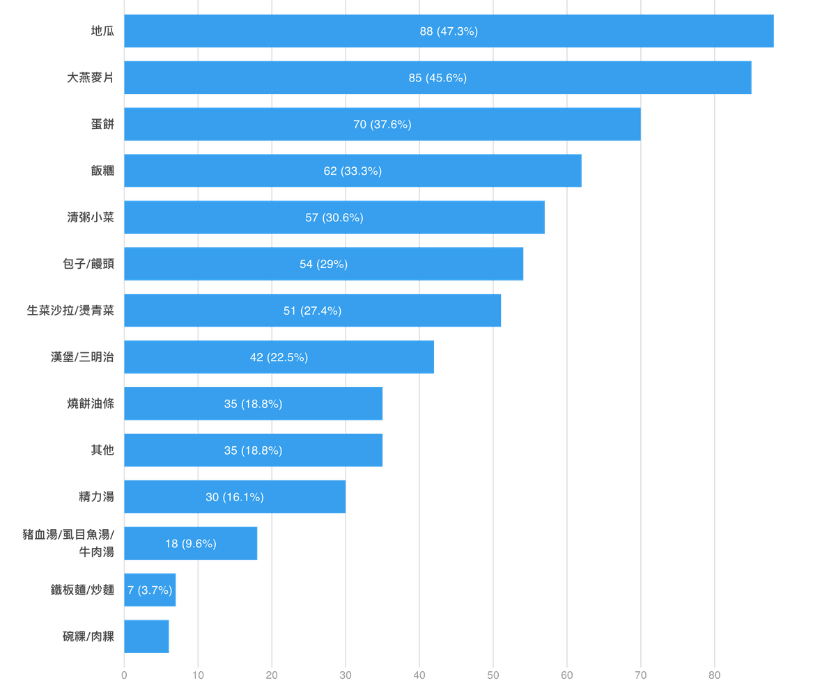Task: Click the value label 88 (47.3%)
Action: click(449, 31)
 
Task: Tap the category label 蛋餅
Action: click(102, 125)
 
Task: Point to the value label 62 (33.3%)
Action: click(353, 171)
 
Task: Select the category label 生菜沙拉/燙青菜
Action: click(70, 311)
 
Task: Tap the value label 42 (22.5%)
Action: click(279, 357)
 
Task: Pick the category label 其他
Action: click(102, 450)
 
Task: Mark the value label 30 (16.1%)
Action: click(235, 497)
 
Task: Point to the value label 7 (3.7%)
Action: click(150, 590)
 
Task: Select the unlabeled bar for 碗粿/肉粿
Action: click(147, 636)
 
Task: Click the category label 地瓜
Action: click(102, 31)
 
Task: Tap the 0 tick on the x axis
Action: click(124, 675)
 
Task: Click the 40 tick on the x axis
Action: click(419, 675)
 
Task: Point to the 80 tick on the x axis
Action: click(714, 675)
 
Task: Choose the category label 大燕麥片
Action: click(91, 78)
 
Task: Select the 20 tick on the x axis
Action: click(272, 675)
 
